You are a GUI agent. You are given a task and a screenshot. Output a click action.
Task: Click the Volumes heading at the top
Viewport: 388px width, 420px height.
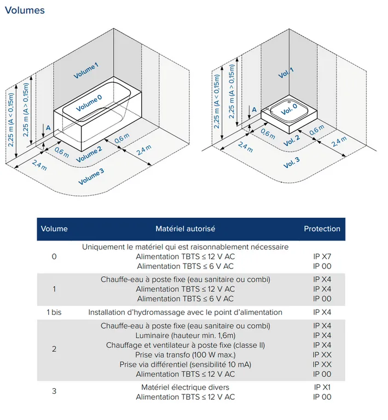[25, 10]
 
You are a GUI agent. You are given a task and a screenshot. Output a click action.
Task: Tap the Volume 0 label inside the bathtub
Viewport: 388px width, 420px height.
[89, 103]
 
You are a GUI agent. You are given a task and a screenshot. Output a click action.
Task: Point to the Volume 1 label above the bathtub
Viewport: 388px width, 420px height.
[86, 71]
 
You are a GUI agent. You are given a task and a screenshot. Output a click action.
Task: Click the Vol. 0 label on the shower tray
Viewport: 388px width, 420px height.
[289, 109]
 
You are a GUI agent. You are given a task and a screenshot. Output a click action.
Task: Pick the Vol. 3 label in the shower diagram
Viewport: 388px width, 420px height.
[291, 162]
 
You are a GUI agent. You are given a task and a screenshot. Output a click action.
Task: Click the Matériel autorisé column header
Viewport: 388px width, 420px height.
[185, 229]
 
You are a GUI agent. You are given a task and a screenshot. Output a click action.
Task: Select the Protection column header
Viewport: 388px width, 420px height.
[322, 229]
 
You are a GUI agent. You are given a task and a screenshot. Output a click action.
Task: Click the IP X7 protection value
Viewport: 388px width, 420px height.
[322, 256]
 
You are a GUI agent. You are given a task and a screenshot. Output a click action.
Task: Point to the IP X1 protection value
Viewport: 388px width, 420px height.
[322, 387]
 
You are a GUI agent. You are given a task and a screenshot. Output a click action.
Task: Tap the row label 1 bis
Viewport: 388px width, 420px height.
[54, 312]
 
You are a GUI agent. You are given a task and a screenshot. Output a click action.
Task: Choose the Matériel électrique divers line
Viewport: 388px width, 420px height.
[185, 387]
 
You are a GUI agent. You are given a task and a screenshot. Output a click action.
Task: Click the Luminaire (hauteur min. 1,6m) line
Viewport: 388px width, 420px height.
[185, 335]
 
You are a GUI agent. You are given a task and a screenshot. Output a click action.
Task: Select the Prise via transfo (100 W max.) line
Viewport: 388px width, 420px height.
[185, 354]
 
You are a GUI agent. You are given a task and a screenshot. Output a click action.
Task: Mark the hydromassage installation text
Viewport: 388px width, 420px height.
[185, 312]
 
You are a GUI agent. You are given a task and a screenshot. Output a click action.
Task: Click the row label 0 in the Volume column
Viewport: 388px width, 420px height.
[54, 256]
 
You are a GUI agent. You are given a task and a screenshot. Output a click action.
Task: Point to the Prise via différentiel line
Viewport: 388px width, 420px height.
[185, 364]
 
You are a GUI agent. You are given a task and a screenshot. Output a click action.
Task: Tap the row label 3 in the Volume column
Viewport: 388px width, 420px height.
[54, 392]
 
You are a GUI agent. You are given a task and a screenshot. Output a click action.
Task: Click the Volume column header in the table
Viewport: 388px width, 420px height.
[54, 229]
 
